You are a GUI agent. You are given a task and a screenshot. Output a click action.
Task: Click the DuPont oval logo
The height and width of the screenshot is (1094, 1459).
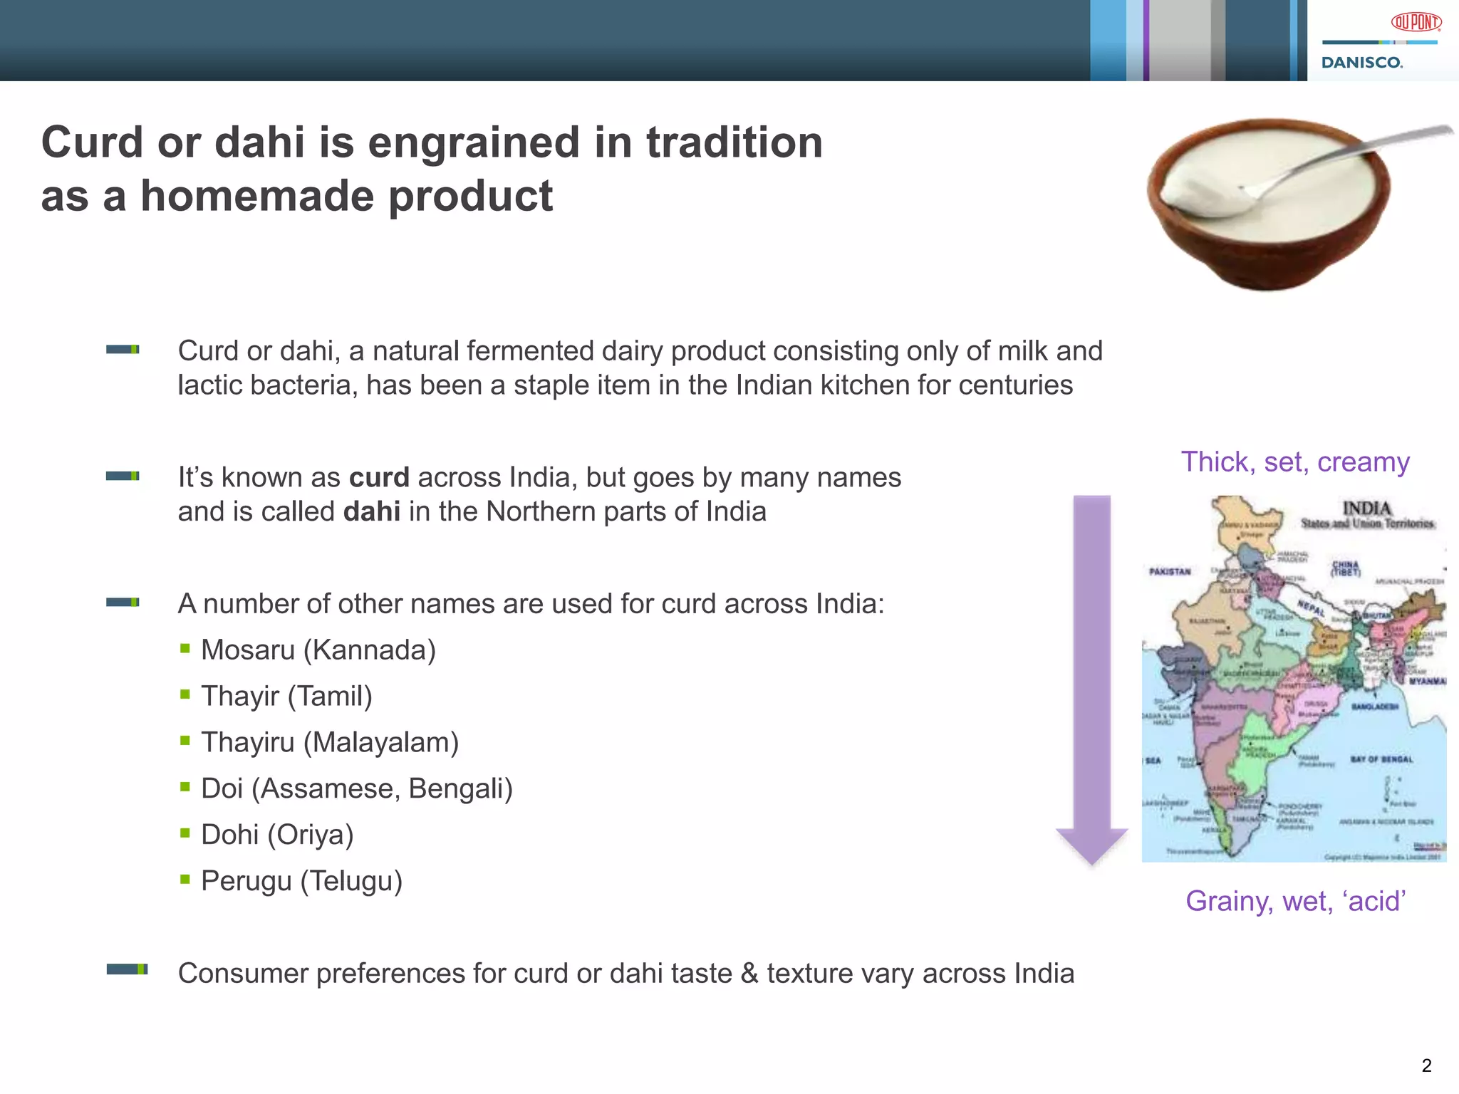coord(1416,23)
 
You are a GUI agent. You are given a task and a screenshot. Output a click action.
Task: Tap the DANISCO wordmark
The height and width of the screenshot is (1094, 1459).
coord(1361,63)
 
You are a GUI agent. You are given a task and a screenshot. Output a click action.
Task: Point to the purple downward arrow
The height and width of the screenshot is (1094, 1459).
coord(1091,677)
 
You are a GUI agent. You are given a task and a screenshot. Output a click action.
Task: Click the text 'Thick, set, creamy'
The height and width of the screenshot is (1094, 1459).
coord(1294,462)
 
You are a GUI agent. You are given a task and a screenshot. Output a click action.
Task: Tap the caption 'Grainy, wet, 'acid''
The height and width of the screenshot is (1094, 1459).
coord(1295,901)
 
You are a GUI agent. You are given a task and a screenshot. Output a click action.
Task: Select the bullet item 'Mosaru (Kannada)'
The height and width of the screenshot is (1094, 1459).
coord(318,650)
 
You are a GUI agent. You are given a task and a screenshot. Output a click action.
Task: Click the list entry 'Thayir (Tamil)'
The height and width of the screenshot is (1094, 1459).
coord(286,697)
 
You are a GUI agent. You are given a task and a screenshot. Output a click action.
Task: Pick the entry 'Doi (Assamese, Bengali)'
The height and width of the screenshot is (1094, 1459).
coord(356,789)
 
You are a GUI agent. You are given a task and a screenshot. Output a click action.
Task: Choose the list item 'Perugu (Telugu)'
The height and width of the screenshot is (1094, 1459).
coord(301,882)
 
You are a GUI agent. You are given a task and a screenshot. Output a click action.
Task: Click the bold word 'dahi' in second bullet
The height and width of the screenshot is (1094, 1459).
coord(371,512)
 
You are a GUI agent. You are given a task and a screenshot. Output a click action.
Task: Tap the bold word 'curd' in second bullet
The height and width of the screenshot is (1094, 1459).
coord(379,478)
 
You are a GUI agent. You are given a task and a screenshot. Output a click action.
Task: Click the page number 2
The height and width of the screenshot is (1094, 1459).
coord(1426,1066)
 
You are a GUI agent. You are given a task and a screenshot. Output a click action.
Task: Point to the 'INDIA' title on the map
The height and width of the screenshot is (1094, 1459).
coord(1366,508)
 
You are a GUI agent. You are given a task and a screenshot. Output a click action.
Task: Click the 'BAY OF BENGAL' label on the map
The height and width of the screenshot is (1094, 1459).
coord(1381,759)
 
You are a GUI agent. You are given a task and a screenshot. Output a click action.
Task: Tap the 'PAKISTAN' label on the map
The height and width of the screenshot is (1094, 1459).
coord(1170,571)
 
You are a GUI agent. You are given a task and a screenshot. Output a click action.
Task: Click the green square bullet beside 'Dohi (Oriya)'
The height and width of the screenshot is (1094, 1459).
coord(185,833)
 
